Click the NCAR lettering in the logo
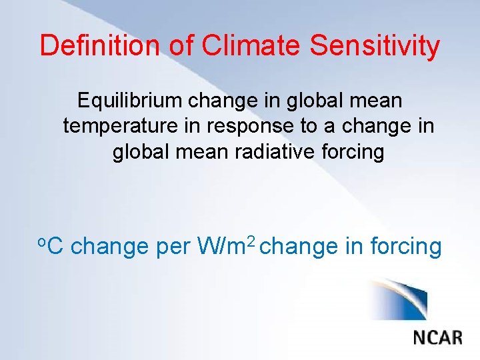point(437,337)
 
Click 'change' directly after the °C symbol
point(109,246)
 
